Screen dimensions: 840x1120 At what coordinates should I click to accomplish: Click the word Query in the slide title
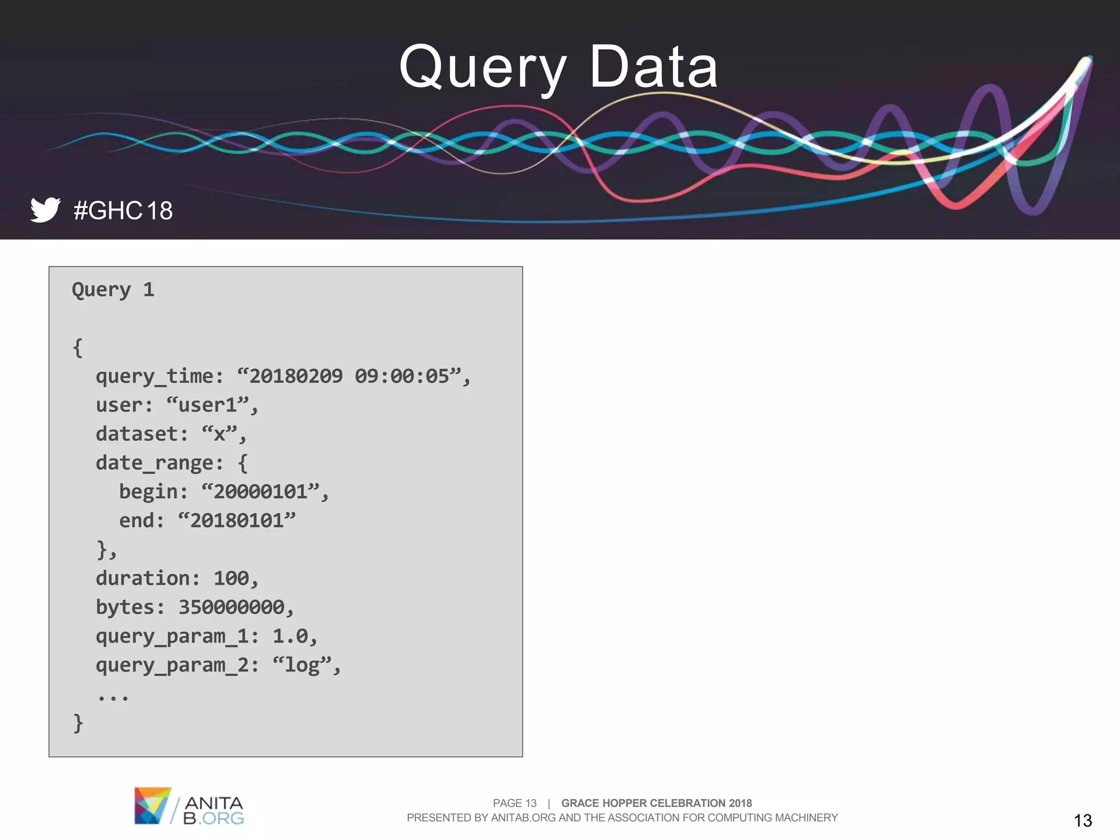click(482, 68)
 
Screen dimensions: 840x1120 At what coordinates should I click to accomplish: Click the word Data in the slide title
click(654, 67)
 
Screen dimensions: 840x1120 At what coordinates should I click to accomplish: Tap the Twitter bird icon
click(45, 209)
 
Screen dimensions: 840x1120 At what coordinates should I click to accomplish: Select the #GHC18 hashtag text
click(123, 211)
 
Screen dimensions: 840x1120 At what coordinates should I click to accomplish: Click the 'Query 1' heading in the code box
click(113, 289)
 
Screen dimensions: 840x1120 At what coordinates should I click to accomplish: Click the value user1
click(208, 405)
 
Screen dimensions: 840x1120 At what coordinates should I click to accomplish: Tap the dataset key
click(137, 434)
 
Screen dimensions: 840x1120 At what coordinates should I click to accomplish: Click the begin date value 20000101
click(260, 492)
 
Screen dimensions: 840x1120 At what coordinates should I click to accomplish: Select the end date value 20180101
click(237, 521)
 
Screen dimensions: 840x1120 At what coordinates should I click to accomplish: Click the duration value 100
click(231, 579)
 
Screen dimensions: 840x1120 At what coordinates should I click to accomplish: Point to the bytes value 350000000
click(231, 608)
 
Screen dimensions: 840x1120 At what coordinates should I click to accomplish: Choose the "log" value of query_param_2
click(302, 666)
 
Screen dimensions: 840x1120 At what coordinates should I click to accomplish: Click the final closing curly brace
click(78, 723)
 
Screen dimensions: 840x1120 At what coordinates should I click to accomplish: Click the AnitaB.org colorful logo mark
click(152, 805)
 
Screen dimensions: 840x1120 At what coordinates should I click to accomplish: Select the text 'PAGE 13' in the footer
click(515, 803)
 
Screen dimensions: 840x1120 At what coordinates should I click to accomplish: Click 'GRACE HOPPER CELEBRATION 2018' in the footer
click(656, 803)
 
